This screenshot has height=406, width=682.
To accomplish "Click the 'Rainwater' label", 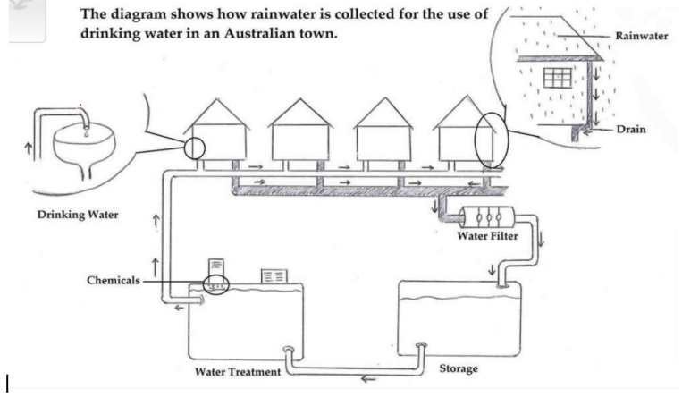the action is (x=642, y=36).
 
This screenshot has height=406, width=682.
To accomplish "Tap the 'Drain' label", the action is (x=631, y=130).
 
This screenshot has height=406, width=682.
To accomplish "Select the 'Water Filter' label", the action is (x=487, y=236).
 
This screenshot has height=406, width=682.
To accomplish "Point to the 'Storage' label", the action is (x=459, y=368).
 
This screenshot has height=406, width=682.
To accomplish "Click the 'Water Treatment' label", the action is (x=238, y=372).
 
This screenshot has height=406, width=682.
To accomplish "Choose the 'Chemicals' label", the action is (x=114, y=280).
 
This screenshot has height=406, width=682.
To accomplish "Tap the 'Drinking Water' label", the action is (x=78, y=215).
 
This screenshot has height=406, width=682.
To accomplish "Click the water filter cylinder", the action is (x=487, y=216).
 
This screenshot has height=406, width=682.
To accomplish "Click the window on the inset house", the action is (x=557, y=78).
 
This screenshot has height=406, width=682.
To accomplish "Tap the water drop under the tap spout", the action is (x=87, y=133).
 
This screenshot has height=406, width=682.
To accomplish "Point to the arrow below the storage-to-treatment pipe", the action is (x=368, y=379).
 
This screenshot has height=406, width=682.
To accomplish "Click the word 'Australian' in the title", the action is (x=258, y=33).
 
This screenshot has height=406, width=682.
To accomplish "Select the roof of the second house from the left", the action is (x=300, y=113).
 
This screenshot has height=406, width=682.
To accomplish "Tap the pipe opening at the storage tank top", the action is (x=502, y=286).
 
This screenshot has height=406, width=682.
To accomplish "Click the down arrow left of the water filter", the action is (x=434, y=206).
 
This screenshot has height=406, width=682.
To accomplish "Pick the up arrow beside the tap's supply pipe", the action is (x=29, y=148).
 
